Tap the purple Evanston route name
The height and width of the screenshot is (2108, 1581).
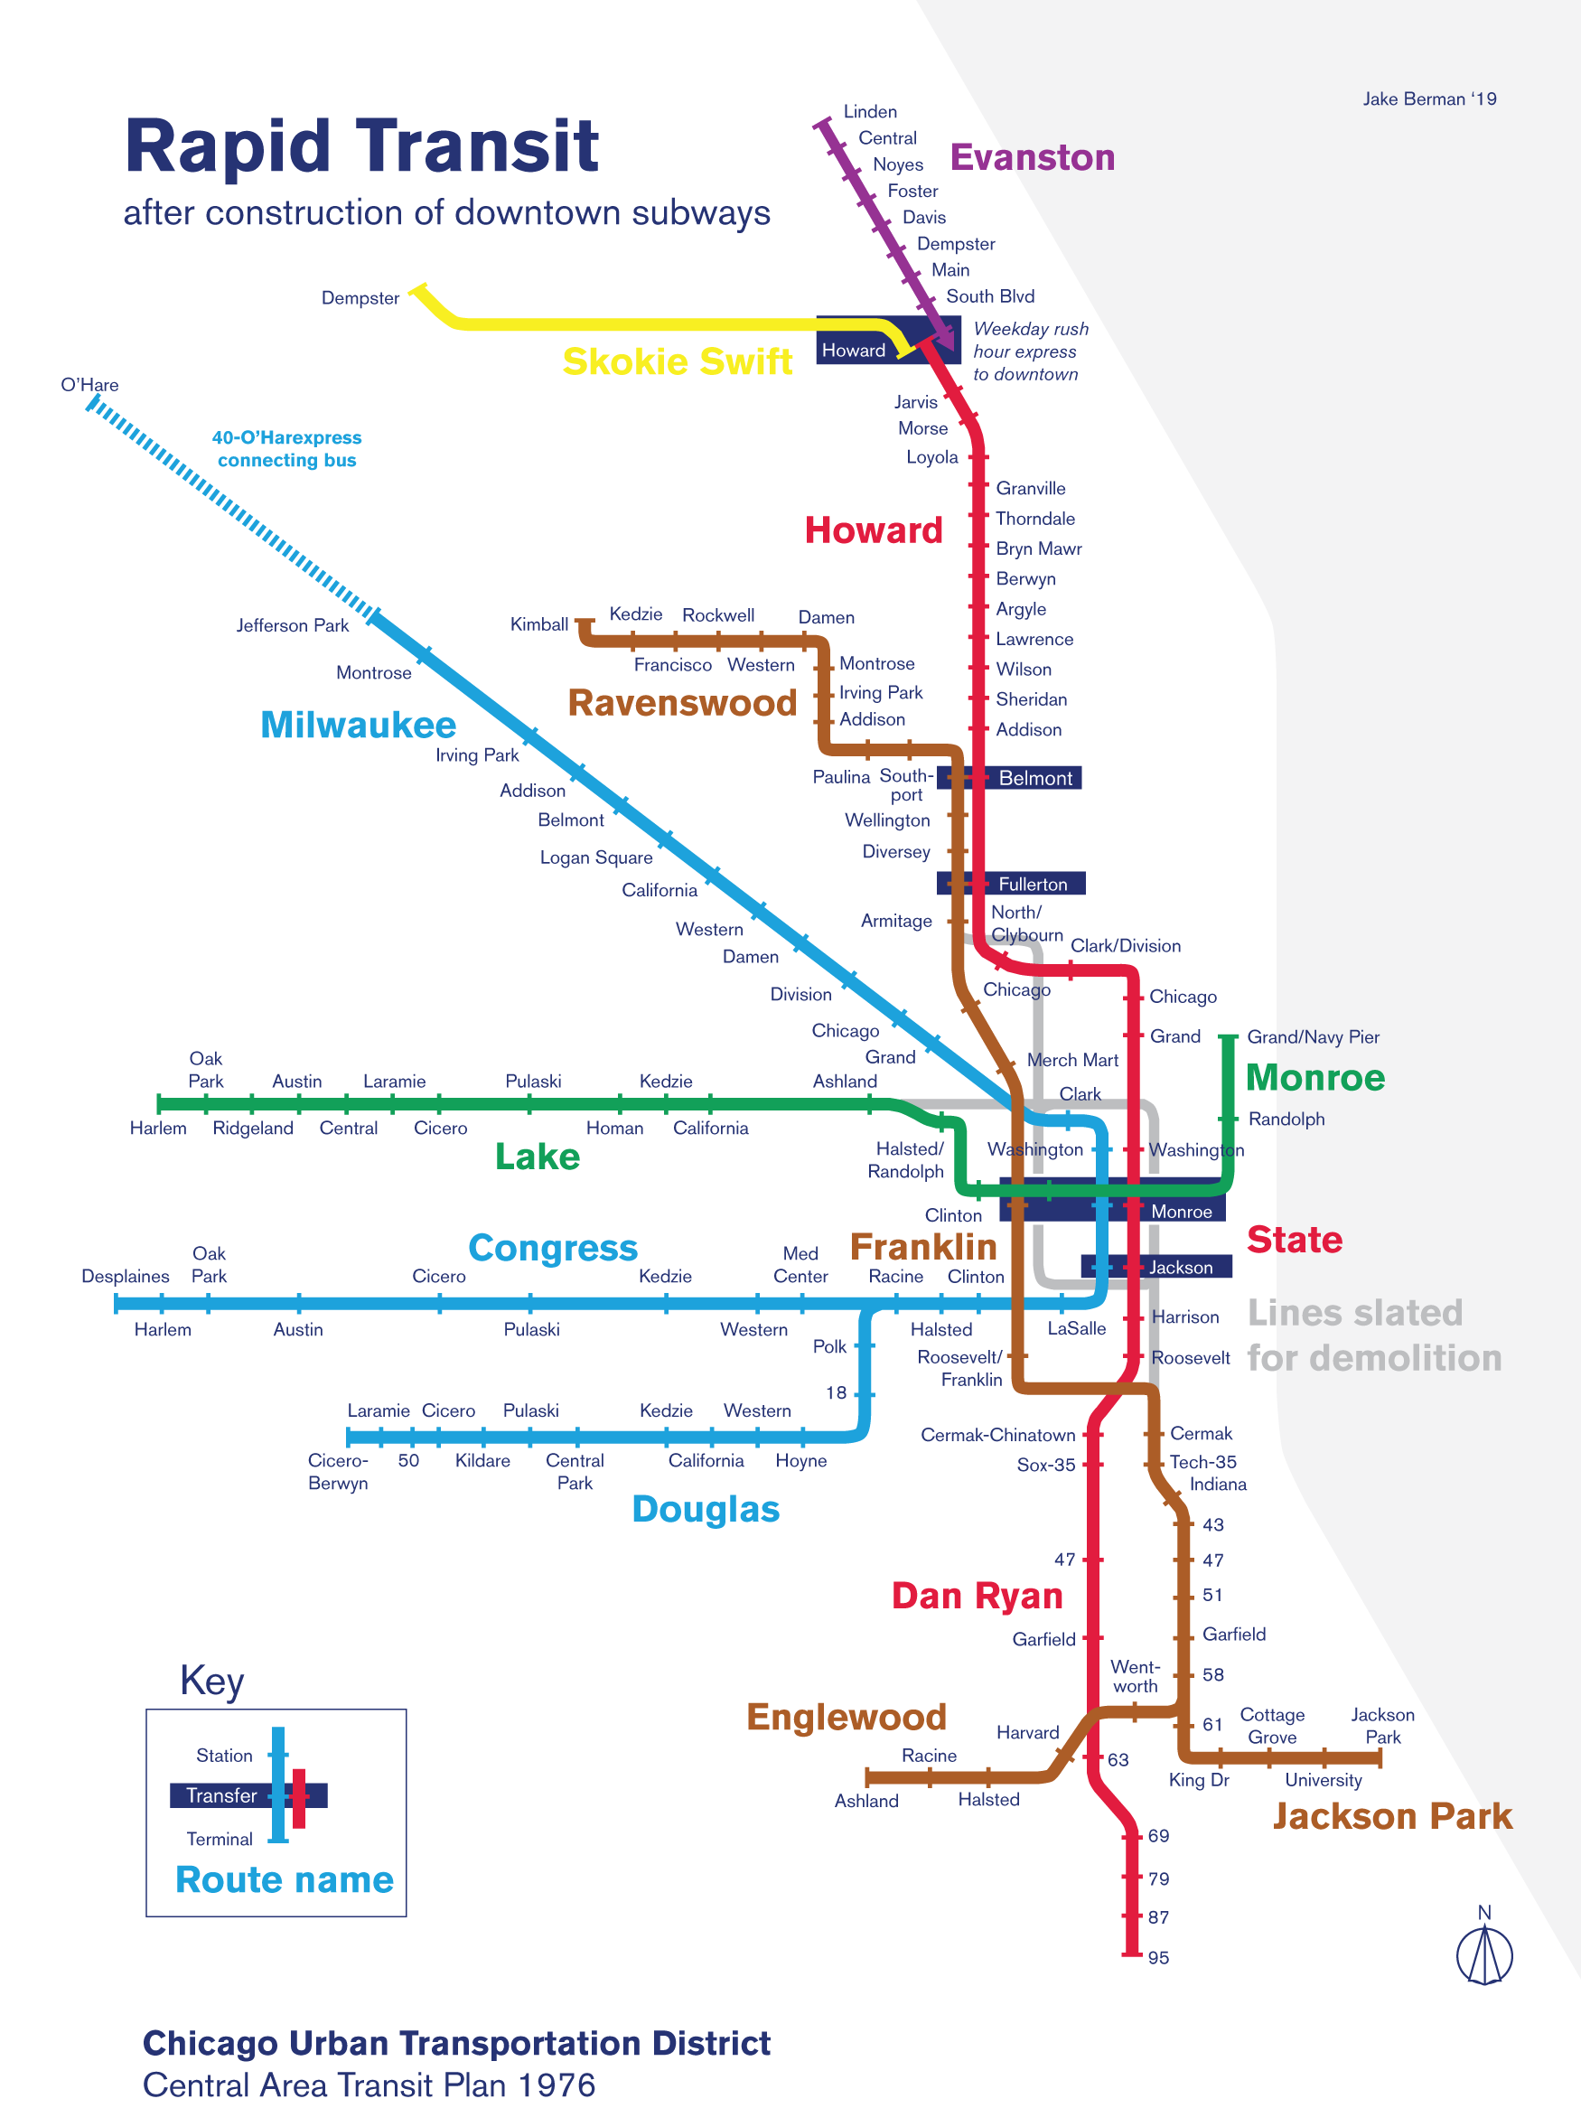pyautogui.click(x=1032, y=157)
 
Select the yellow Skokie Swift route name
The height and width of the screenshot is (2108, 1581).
pyautogui.click(x=677, y=361)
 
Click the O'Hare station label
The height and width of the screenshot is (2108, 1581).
pyautogui.click(x=89, y=385)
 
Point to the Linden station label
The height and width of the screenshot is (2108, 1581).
pyautogui.click(x=869, y=111)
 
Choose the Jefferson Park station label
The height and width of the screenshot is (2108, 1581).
pyautogui.click(x=293, y=625)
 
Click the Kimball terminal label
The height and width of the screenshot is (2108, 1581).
pyautogui.click(x=538, y=624)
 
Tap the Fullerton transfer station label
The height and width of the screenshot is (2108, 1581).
pyautogui.click(x=1032, y=885)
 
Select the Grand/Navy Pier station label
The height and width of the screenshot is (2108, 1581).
pyautogui.click(x=1313, y=1037)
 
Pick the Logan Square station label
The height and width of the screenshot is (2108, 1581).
pyautogui.click(x=595, y=857)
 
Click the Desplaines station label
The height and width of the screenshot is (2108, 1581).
pyautogui.click(x=125, y=1276)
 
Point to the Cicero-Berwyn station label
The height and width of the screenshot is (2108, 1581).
pyautogui.click(x=337, y=1471)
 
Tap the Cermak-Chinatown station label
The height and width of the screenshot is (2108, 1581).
pyautogui.click(x=996, y=1435)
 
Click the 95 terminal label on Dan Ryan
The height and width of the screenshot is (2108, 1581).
pyautogui.click(x=1158, y=1957)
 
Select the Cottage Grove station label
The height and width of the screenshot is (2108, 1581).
pyautogui.click(x=1271, y=1726)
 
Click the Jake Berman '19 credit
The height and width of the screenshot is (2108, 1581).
pyautogui.click(x=1428, y=99)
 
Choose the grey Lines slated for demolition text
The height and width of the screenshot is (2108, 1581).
pyautogui.click(x=1373, y=1335)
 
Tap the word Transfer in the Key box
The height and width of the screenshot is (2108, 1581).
pyautogui.click(x=221, y=1795)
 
